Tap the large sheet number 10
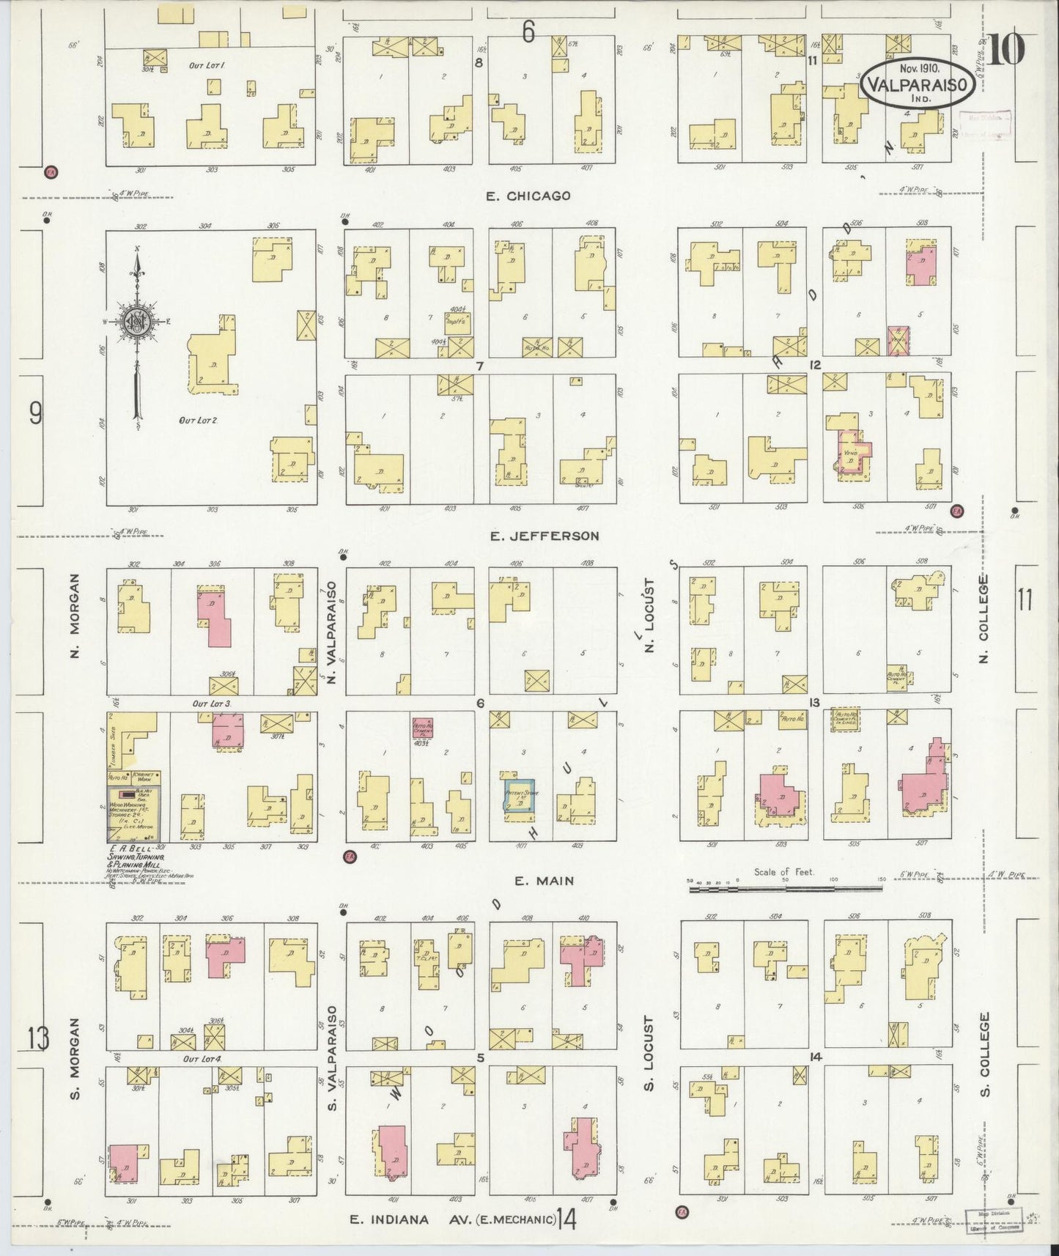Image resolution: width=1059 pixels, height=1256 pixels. pyautogui.click(x=1009, y=51)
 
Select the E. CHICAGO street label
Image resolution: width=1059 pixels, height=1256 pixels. pyautogui.click(x=528, y=196)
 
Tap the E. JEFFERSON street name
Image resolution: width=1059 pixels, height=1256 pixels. pyautogui.click(x=544, y=536)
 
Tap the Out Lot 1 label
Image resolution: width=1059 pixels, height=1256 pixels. pyautogui.click(x=206, y=65)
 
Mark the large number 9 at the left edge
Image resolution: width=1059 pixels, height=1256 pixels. pyautogui.click(x=35, y=415)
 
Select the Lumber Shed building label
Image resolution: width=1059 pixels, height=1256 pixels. pyautogui.click(x=112, y=741)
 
